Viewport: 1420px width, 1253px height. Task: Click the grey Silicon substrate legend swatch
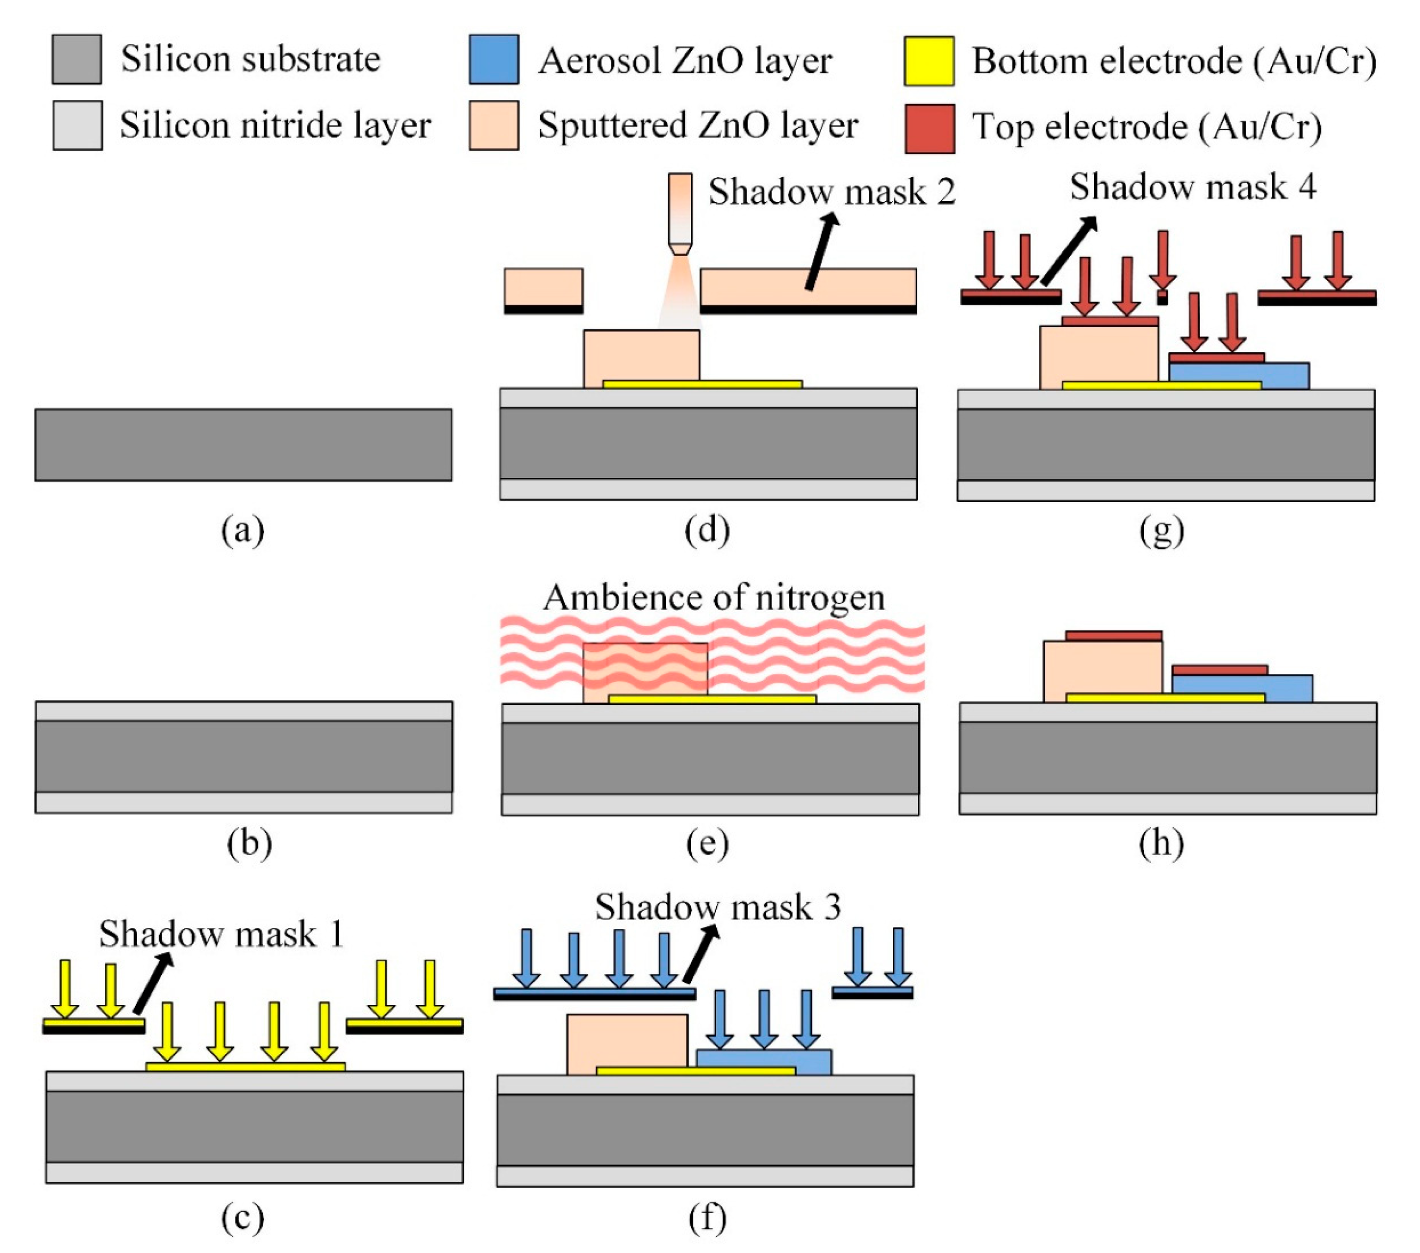click(x=76, y=60)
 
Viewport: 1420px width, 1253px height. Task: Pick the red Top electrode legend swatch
click(x=929, y=128)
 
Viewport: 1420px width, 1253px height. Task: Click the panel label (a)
click(x=242, y=531)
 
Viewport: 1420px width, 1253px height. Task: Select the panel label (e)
click(x=707, y=843)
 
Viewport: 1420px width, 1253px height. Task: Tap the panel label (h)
click(x=1161, y=843)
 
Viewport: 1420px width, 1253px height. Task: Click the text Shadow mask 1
click(x=221, y=933)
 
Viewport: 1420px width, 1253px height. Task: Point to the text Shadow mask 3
click(x=718, y=907)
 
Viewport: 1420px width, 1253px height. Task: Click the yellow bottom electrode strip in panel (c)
click(x=245, y=1067)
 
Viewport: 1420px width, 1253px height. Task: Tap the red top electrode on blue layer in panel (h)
click(x=1219, y=670)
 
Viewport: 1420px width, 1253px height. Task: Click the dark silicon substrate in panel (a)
click(x=243, y=445)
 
